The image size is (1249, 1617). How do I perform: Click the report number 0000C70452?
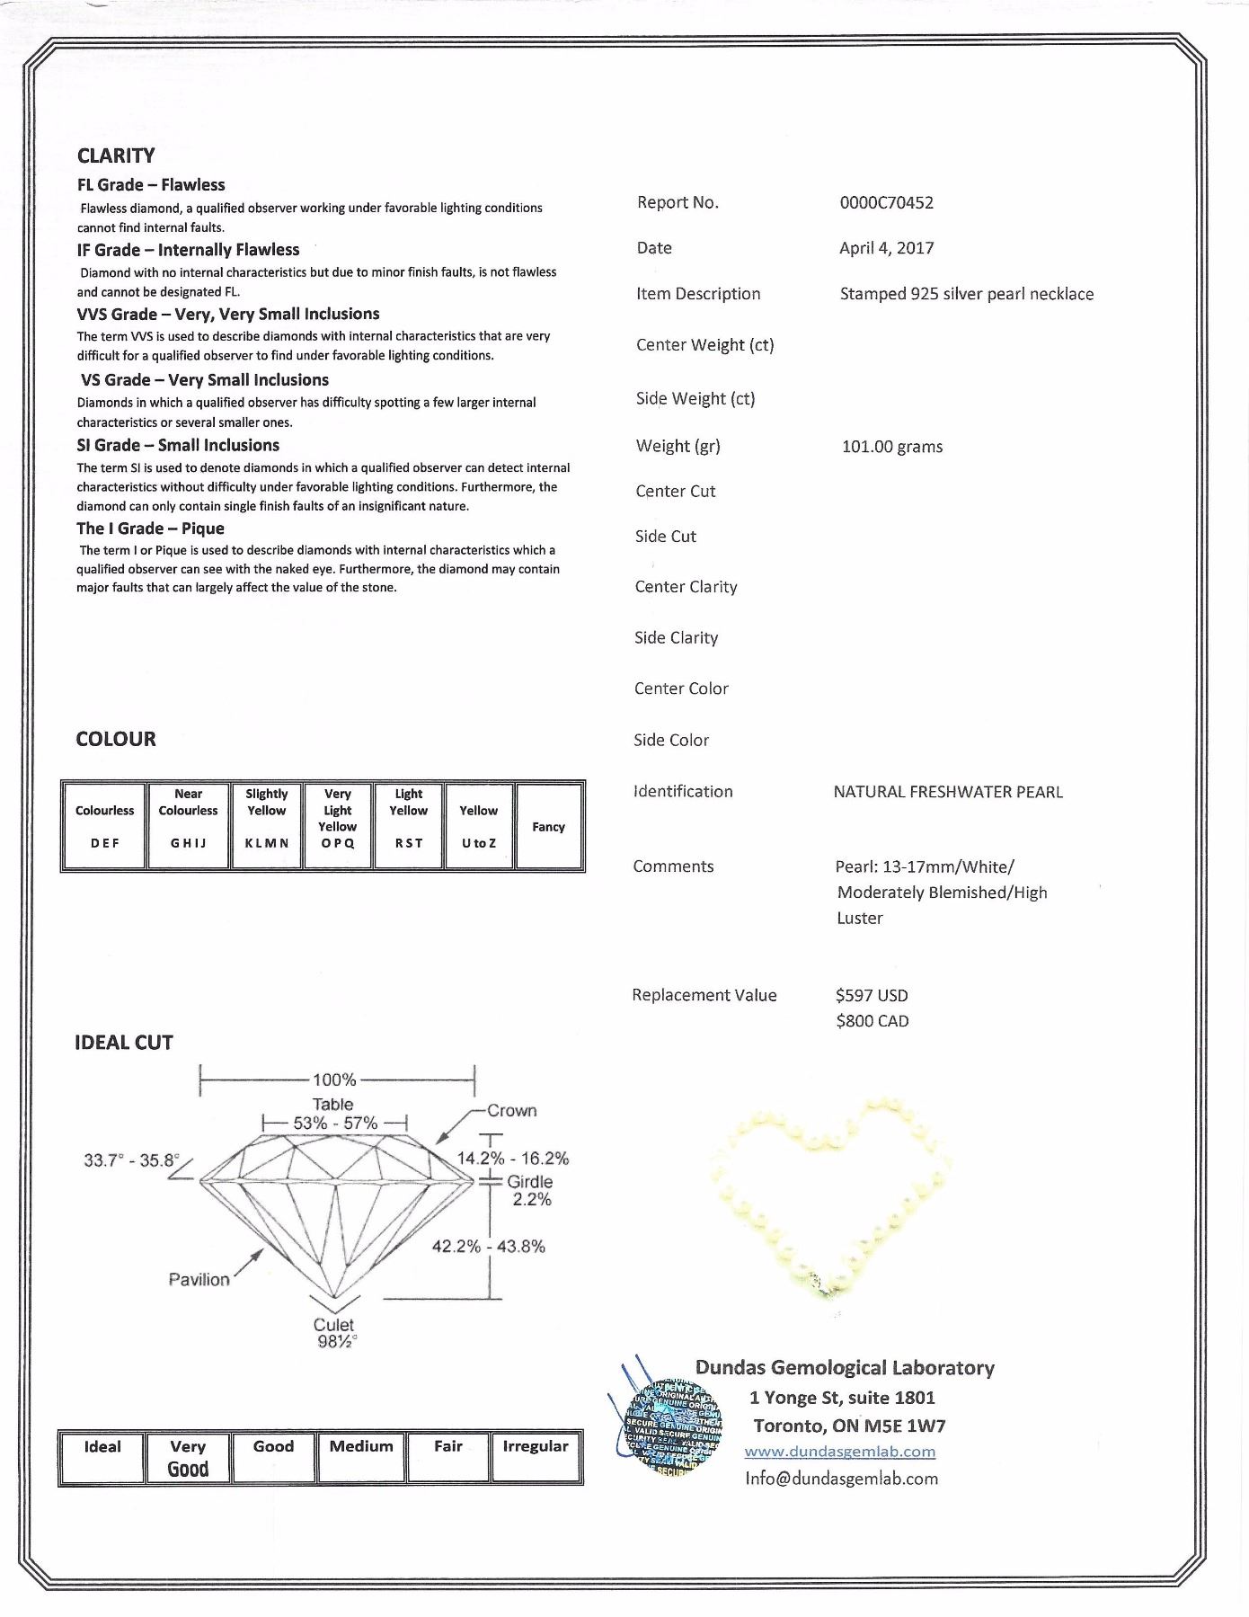pos(886,203)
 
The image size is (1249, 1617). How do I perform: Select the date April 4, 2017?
pos(886,249)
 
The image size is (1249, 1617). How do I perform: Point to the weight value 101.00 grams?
pos(891,447)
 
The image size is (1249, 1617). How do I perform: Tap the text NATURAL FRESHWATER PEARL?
pos(947,792)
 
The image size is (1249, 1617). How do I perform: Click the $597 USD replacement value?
pos(871,996)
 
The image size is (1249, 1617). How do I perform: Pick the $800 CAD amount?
pos(872,1021)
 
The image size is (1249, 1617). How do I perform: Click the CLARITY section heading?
pos(116,155)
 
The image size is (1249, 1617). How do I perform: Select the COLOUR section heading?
pos(116,740)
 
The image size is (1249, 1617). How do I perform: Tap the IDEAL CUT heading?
pos(123,1043)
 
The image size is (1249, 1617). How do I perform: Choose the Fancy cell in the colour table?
pos(548,827)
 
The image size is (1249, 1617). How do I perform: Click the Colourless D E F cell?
pos(104,826)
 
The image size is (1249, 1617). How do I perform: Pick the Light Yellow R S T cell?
pos(408,826)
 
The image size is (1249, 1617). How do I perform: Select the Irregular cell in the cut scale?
pos(536,1457)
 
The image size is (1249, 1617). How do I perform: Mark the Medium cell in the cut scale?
pos(361,1457)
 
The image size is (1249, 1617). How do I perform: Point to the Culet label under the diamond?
pos(333,1325)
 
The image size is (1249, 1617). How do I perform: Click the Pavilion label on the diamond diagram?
pos(199,1280)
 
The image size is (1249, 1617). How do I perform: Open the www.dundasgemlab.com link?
pos(839,1452)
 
